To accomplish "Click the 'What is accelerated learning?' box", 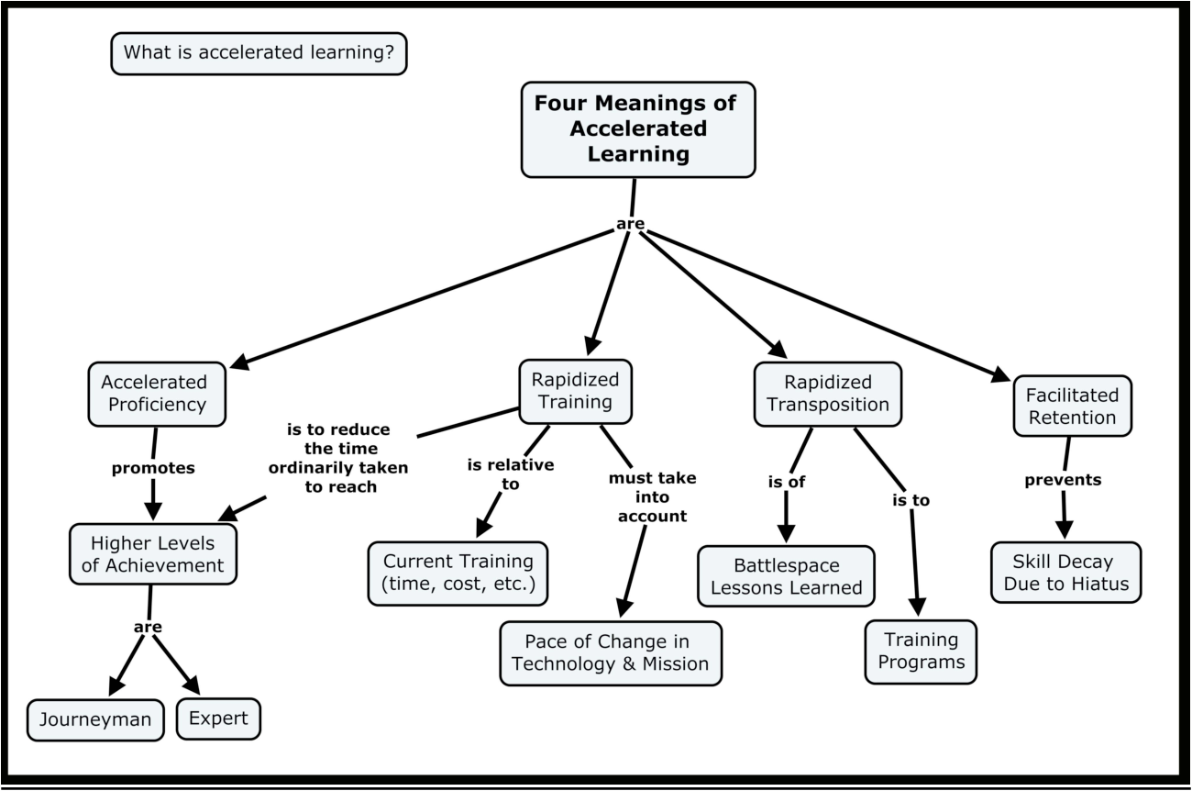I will tap(259, 54).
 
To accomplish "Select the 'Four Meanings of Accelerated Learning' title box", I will tap(637, 129).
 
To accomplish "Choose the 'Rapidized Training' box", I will tap(575, 391).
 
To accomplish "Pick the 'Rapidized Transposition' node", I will tap(827, 393).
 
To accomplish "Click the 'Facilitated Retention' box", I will tap(1071, 407).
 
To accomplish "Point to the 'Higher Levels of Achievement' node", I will tap(152, 553).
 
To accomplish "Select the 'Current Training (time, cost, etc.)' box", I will tap(458, 574).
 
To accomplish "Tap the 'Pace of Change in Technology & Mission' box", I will tap(611, 652).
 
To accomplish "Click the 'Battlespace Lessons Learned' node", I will tap(786, 576).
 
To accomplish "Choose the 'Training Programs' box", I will tap(921, 651).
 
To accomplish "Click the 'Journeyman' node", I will tap(95, 719).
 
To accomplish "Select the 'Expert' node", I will tap(218, 719).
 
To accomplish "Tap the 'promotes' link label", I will tap(153, 468).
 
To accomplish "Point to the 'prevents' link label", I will tap(1063, 479).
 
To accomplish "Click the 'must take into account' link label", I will tap(652, 496).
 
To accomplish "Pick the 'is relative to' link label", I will tap(511, 474).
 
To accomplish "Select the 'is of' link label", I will tap(786, 482).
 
